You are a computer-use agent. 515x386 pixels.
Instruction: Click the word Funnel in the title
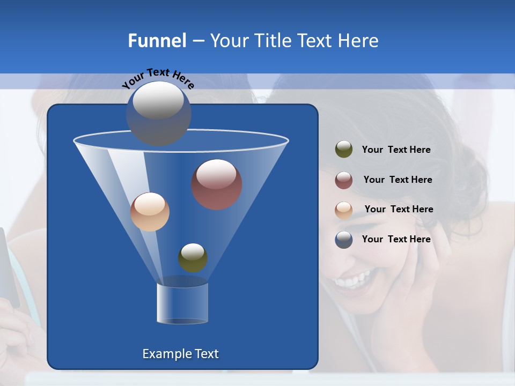[x=157, y=41]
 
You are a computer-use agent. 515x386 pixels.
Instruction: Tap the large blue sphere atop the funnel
[x=158, y=113]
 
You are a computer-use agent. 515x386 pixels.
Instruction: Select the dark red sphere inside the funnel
[x=217, y=184]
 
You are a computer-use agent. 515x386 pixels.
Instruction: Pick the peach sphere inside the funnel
[x=150, y=212]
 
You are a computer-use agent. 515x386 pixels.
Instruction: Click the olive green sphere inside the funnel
[x=193, y=257]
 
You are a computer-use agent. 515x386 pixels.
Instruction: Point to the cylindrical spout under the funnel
[x=182, y=303]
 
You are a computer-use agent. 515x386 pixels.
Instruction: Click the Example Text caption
[x=180, y=354]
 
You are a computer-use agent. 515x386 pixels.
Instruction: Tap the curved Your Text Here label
[x=158, y=78]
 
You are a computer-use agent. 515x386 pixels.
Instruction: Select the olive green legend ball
[x=344, y=150]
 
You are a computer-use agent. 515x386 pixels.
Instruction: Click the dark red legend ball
[x=344, y=180]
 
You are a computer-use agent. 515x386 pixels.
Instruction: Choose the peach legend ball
[x=344, y=210]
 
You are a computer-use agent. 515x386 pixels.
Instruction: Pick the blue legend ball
[x=344, y=240]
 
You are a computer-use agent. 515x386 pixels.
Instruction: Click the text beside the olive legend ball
[x=396, y=150]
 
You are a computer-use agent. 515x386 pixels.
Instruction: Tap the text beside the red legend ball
[x=398, y=180]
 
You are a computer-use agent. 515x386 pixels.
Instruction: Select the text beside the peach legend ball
[x=399, y=209]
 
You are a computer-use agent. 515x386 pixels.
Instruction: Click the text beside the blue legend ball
[x=396, y=239]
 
